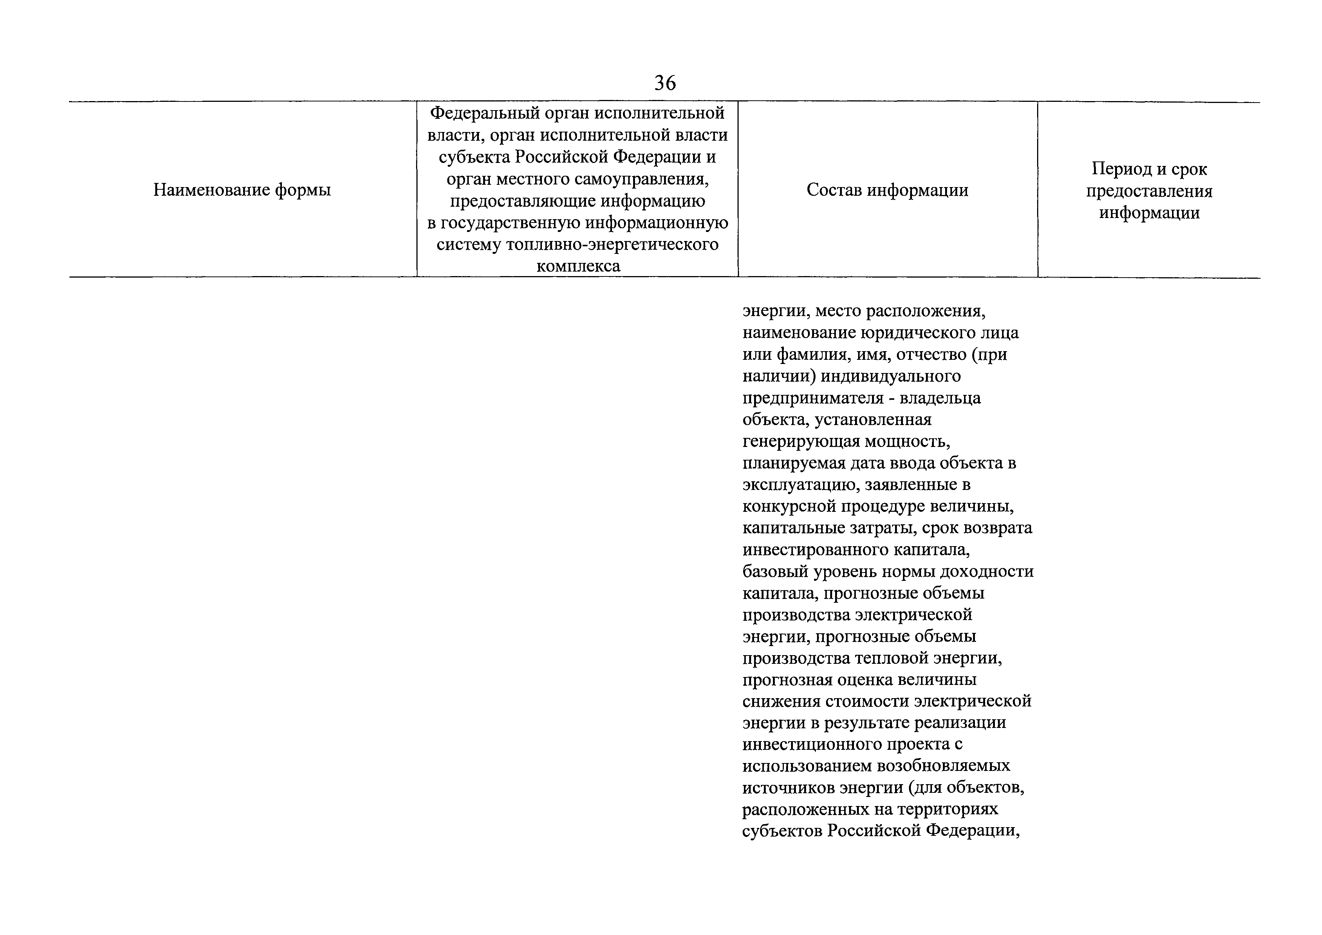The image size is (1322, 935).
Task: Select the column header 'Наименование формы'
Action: click(x=242, y=190)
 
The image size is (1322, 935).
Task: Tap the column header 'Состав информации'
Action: click(x=887, y=190)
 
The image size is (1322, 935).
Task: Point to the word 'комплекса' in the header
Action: click(x=578, y=266)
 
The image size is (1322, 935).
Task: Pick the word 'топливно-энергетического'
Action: click(x=612, y=244)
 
